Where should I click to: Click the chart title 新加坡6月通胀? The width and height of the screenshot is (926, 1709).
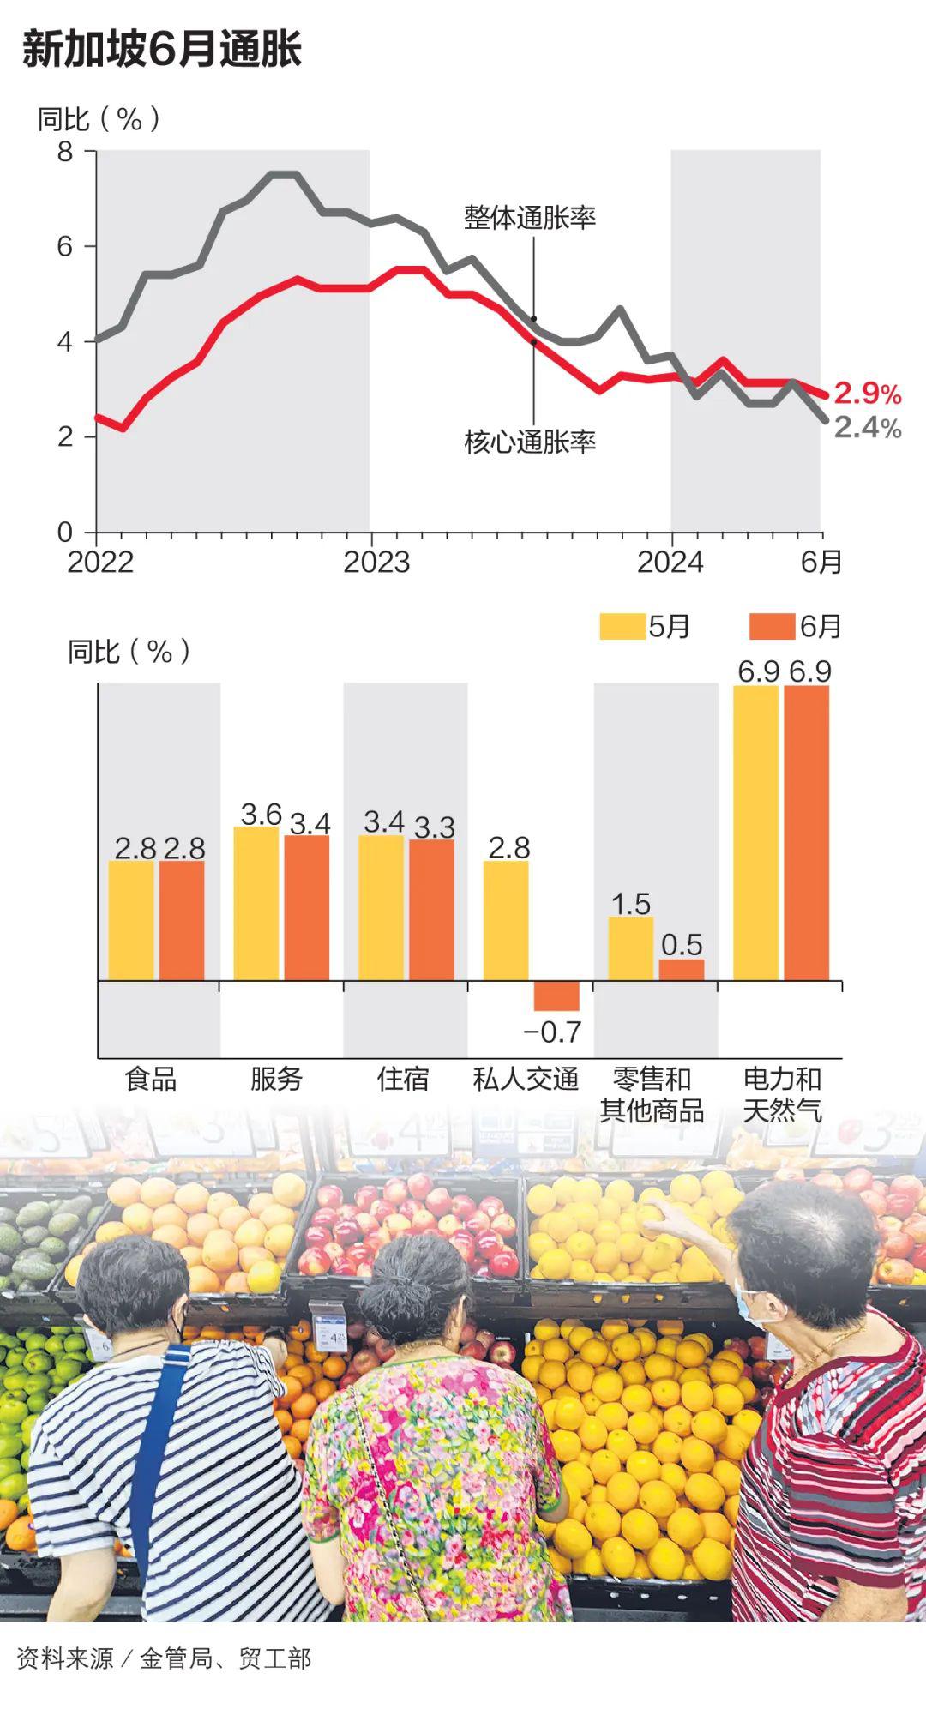(x=162, y=49)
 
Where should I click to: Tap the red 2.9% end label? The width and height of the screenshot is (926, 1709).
(x=867, y=394)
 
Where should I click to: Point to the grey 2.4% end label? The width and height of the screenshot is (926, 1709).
(x=867, y=427)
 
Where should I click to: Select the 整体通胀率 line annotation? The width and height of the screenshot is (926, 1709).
(x=530, y=218)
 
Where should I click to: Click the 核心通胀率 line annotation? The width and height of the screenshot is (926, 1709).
(x=530, y=442)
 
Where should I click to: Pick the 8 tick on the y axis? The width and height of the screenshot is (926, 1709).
(x=65, y=152)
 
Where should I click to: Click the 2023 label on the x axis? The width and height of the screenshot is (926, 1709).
(x=376, y=563)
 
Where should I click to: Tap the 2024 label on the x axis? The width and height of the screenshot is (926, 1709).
(x=670, y=563)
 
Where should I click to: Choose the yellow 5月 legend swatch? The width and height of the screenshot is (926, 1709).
(x=622, y=627)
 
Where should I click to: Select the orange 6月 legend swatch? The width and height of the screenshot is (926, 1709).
(x=772, y=627)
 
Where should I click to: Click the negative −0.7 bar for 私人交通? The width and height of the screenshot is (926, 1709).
(x=556, y=996)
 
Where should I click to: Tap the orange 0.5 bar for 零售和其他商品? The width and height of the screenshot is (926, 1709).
(x=682, y=970)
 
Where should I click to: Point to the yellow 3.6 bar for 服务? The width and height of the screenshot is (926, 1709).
(x=256, y=904)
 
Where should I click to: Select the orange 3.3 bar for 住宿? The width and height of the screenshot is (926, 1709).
(x=431, y=910)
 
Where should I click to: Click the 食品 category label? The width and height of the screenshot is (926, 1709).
(x=151, y=1079)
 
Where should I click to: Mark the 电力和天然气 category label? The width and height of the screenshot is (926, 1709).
(x=782, y=1094)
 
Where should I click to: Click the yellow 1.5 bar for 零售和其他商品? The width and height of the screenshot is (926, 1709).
(x=631, y=948)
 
